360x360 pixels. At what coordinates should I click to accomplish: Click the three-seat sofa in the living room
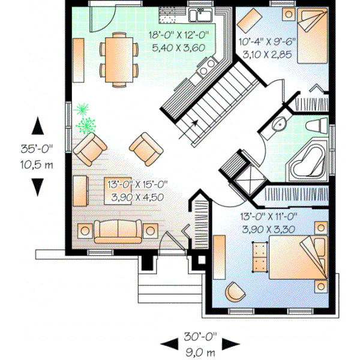[x=118, y=231]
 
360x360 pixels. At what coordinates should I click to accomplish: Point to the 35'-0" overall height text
[x=37, y=151]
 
